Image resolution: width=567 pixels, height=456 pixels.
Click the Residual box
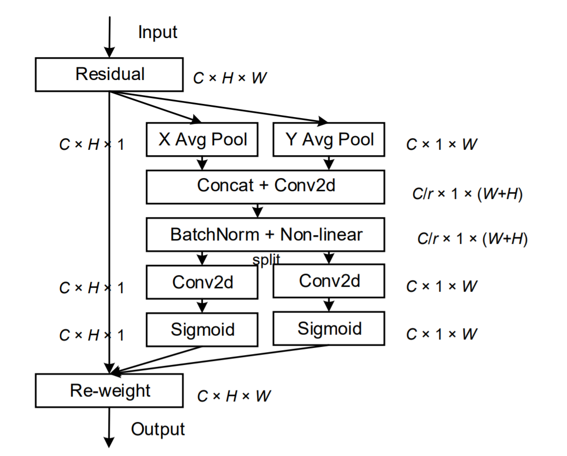(109, 75)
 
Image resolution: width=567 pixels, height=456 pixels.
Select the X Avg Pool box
(202, 139)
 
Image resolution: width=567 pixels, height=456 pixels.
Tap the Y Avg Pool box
(329, 139)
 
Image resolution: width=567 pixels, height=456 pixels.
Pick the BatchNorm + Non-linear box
(265, 235)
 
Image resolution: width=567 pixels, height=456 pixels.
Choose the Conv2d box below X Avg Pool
(202, 282)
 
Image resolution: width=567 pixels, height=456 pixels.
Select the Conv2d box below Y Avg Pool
(329, 281)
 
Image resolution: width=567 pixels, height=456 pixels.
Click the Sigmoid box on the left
(202, 330)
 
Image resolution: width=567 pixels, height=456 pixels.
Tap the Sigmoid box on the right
(329, 329)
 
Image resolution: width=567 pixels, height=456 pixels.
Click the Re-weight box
(109, 391)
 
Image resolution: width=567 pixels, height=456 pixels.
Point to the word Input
(157, 33)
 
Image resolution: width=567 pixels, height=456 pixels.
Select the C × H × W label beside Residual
(230, 78)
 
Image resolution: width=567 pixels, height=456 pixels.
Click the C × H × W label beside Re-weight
(234, 396)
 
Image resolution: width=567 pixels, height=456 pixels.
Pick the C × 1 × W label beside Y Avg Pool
(441, 144)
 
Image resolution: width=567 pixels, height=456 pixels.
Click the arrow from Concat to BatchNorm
(257, 211)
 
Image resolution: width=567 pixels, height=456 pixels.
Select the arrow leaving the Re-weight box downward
(109, 427)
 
